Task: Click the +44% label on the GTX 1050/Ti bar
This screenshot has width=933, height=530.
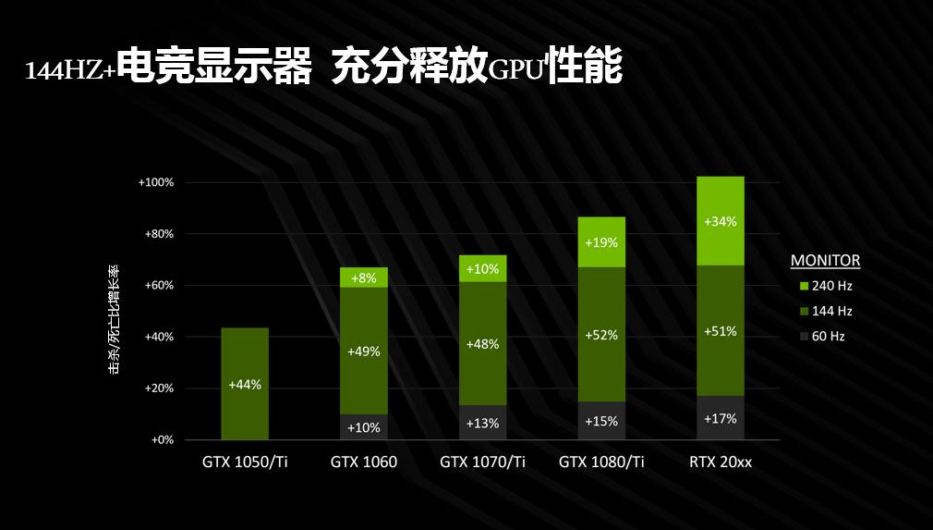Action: [x=245, y=384]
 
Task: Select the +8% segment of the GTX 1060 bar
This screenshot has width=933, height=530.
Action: [x=363, y=277]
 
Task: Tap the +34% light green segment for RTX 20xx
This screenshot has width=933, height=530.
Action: [x=720, y=222]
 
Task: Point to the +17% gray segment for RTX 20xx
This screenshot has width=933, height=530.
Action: [x=720, y=418]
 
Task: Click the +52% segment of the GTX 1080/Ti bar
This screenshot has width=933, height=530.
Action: [x=601, y=335]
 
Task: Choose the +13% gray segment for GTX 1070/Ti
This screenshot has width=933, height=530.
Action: [x=482, y=423]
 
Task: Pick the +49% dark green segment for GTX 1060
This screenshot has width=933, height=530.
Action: [x=363, y=351]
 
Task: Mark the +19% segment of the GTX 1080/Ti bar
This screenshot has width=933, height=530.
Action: [x=601, y=242]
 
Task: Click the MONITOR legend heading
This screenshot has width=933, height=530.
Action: [x=825, y=261]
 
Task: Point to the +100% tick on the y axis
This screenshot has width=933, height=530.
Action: [x=156, y=182]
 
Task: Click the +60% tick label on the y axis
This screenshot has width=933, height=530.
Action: [x=159, y=286]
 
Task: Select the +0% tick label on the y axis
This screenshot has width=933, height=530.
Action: [x=162, y=440]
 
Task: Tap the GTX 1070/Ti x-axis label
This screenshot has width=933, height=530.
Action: [x=482, y=462]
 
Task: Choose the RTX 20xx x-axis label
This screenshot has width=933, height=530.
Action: [x=721, y=462]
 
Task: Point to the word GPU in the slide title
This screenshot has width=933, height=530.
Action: [x=515, y=70]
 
